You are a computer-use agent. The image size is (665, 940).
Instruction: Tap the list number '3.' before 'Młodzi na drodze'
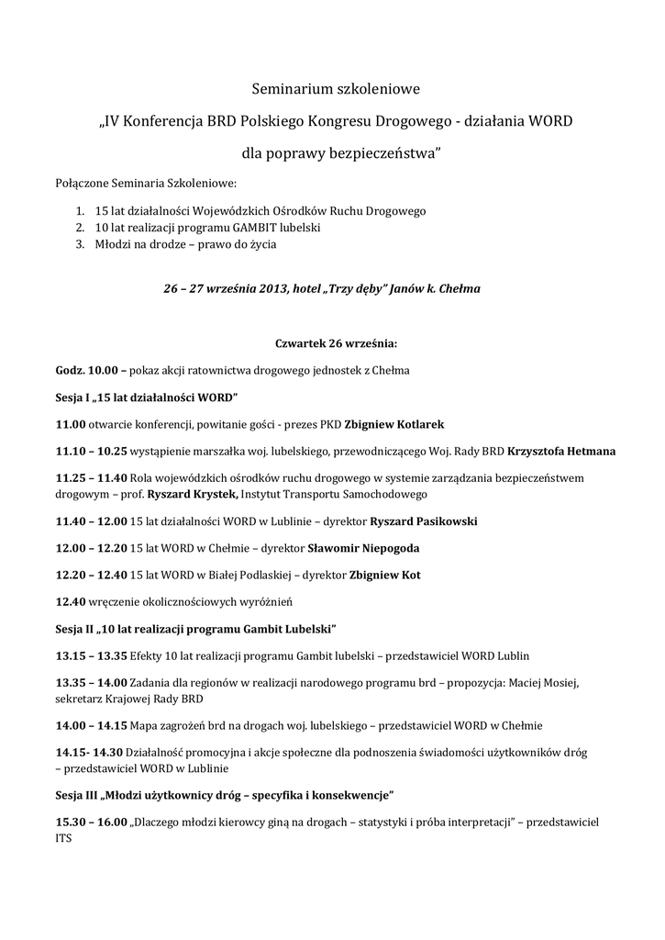(x=81, y=245)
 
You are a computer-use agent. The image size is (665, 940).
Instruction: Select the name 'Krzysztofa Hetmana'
(x=561, y=452)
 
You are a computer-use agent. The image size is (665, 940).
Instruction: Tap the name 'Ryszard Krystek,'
(x=193, y=495)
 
